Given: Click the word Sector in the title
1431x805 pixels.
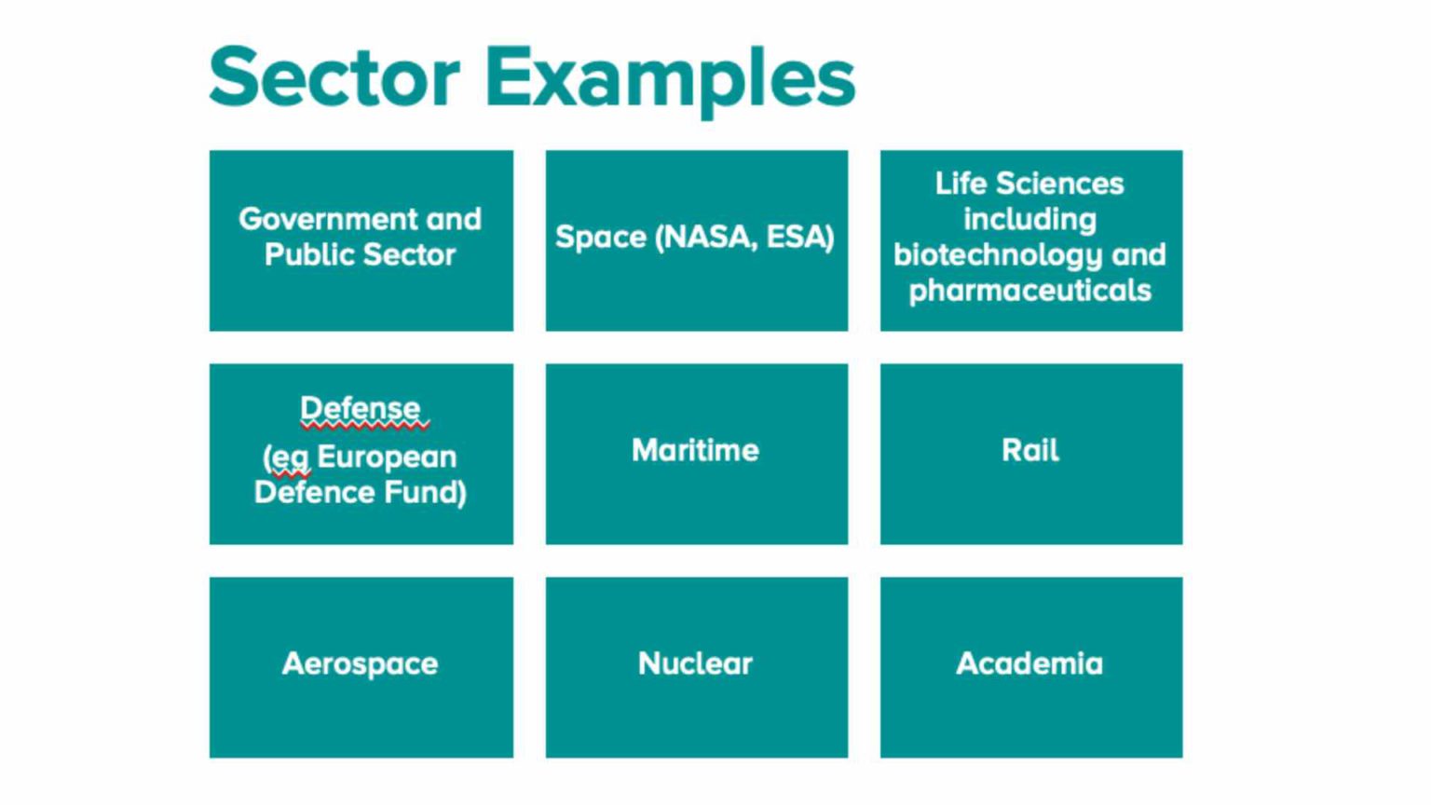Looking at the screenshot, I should (334, 77).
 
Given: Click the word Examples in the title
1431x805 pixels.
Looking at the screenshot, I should (670, 79).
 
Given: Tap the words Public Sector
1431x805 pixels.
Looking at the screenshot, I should (361, 254).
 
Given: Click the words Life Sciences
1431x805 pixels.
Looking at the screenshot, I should (1029, 184).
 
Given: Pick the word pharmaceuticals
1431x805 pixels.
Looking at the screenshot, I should (1029, 291).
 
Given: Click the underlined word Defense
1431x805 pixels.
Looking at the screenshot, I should (361, 408).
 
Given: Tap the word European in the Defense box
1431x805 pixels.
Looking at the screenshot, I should (387, 457).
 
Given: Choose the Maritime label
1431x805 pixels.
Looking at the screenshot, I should (695, 451).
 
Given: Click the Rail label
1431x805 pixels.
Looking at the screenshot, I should (1029, 451).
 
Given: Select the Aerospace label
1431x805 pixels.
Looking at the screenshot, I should (361, 664).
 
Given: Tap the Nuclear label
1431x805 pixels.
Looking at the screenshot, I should (695, 664).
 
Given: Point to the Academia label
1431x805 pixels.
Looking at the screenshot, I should (1029, 664).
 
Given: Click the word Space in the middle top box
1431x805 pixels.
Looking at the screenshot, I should (601, 238).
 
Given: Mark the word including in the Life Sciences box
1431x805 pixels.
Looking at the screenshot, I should (1029, 220).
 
